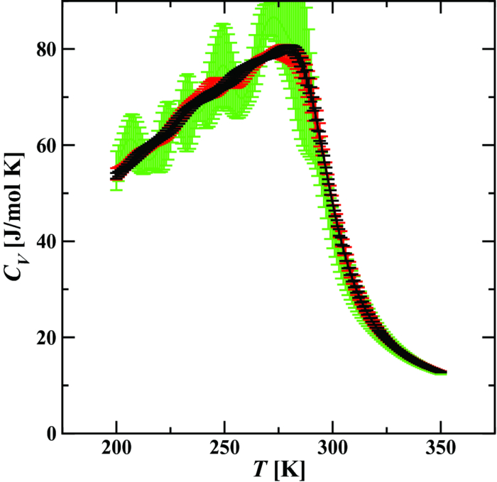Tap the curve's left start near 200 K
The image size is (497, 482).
(116, 175)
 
